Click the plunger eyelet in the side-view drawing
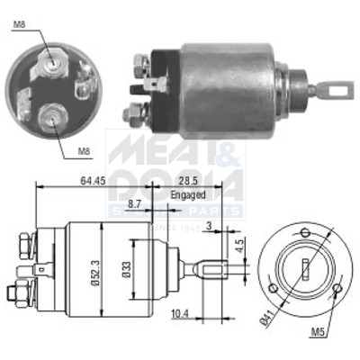click(x=210, y=267)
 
